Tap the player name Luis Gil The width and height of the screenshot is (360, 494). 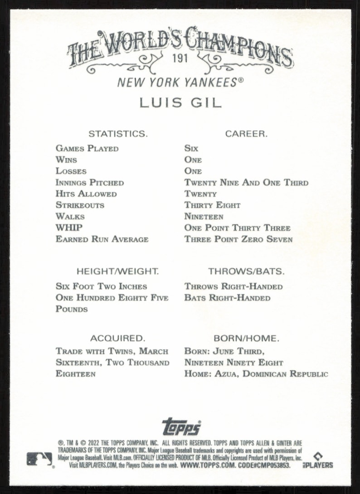tap(180, 102)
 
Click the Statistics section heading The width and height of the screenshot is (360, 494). tap(117, 134)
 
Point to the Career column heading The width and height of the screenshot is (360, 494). tap(246, 134)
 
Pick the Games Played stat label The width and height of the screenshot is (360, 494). tap(87, 149)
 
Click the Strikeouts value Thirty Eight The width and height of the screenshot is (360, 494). tap(212, 205)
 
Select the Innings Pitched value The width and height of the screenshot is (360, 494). tap(246, 183)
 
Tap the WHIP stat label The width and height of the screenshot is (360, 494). tap(69, 228)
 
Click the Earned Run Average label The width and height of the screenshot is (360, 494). tap(102, 239)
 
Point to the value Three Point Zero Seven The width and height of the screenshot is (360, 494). tap(238, 239)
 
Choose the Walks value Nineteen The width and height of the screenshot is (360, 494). tap(204, 217)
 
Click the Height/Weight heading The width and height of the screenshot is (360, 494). tap(117, 272)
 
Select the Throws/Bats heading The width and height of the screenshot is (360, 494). tap(246, 272)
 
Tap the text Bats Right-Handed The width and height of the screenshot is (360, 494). tap(227, 298)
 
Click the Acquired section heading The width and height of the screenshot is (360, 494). tap(117, 339)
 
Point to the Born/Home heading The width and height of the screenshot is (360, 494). tap(246, 339)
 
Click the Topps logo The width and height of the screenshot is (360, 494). tap(181, 426)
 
